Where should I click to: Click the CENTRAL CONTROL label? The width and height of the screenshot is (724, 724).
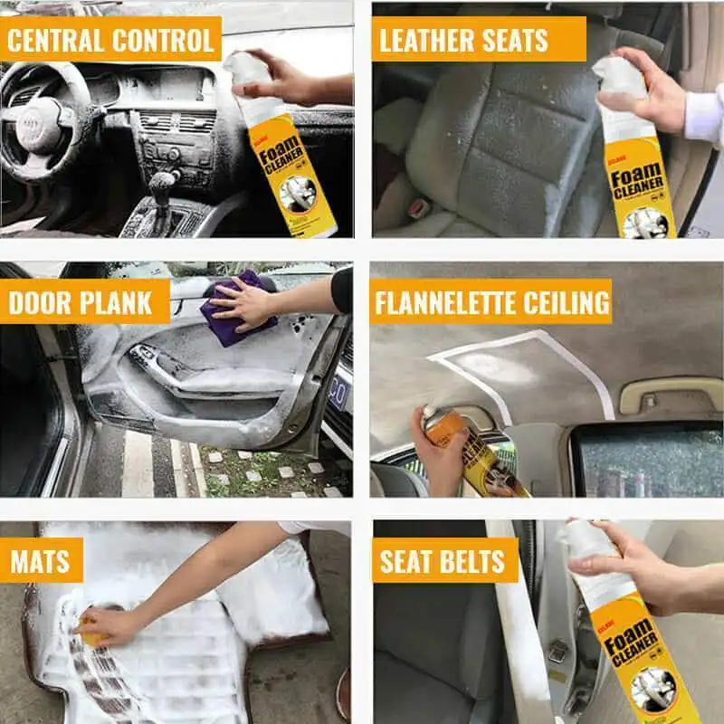click(110, 40)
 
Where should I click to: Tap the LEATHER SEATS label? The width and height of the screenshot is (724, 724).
click(464, 40)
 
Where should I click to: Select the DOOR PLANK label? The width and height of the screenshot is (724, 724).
click(81, 301)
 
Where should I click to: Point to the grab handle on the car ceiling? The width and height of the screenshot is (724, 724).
click(670, 395)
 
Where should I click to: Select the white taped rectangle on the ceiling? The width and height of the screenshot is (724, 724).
click(516, 371)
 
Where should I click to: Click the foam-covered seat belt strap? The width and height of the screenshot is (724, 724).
click(520, 633)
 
